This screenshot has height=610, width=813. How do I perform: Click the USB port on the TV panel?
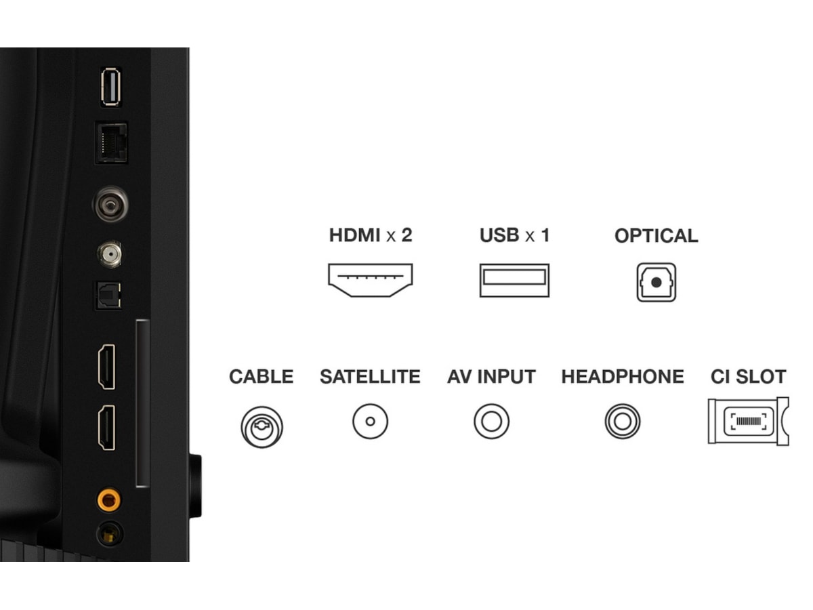click(110, 87)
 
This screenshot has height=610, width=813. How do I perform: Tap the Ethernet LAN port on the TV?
click(112, 143)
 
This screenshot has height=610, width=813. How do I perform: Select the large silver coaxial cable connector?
click(110, 204)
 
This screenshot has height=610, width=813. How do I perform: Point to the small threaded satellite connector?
click(110, 254)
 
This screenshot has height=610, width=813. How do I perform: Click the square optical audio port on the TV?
click(108, 296)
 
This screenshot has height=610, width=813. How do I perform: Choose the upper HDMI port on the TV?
click(106, 367)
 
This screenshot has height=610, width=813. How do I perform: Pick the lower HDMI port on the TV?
click(106, 428)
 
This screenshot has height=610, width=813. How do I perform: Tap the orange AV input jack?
click(109, 500)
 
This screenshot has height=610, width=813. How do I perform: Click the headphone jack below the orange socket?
click(109, 533)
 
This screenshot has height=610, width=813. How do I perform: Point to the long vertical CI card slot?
click(143, 403)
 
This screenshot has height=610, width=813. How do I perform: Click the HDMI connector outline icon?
click(371, 280)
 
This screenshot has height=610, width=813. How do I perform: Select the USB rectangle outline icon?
click(514, 281)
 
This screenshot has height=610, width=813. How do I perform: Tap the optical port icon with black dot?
click(656, 282)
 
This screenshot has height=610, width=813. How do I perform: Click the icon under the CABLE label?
click(262, 427)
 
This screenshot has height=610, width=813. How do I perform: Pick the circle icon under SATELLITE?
click(371, 421)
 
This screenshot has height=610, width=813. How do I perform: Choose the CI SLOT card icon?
click(748, 421)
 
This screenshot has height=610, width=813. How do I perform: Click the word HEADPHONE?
click(623, 377)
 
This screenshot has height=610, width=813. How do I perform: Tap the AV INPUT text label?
click(491, 377)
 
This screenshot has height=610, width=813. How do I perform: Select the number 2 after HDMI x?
click(406, 235)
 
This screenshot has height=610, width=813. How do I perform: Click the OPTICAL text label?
click(656, 236)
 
